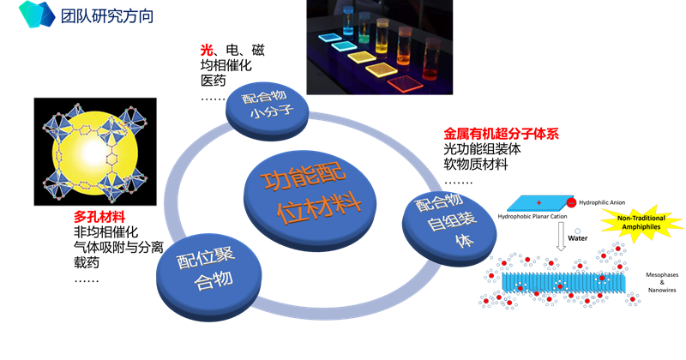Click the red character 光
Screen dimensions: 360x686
[x=206, y=51]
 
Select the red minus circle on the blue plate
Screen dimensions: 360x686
[x=571, y=202]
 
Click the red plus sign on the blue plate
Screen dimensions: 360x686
[x=539, y=202]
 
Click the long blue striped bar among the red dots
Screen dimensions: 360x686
[x=562, y=280]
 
